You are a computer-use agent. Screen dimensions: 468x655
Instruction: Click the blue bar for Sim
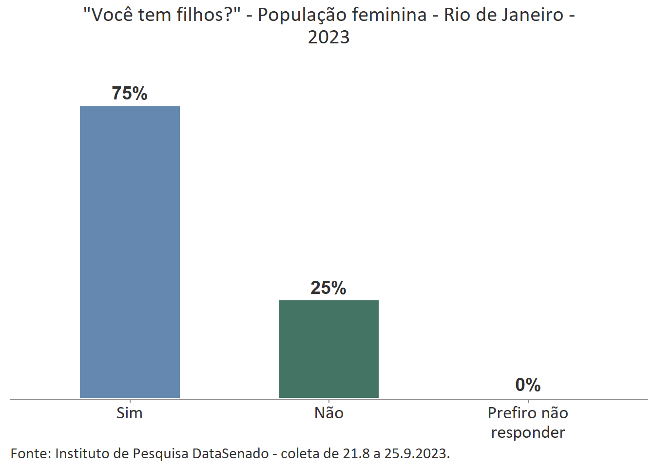tap(130, 252)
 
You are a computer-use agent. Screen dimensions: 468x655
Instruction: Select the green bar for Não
tap(329, 349)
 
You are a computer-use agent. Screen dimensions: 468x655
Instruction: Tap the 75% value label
tap(130, 93)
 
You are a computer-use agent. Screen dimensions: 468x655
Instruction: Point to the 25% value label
tap(328, 288)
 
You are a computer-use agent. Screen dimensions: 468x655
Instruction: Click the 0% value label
tap(528, 385)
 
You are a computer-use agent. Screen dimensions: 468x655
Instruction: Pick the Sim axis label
tap(130, 413)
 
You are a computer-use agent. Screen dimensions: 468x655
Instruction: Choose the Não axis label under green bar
tap(329, 413)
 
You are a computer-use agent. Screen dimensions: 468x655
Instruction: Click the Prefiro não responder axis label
tap(528, 422)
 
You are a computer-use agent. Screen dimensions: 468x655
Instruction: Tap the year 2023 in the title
tap(329, 37)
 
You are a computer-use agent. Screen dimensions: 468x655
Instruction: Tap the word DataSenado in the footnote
tap(231, 453)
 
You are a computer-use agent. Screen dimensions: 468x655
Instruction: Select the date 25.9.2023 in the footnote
tap(416, 453)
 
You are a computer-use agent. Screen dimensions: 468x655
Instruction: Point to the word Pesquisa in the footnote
tap(160, 453)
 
